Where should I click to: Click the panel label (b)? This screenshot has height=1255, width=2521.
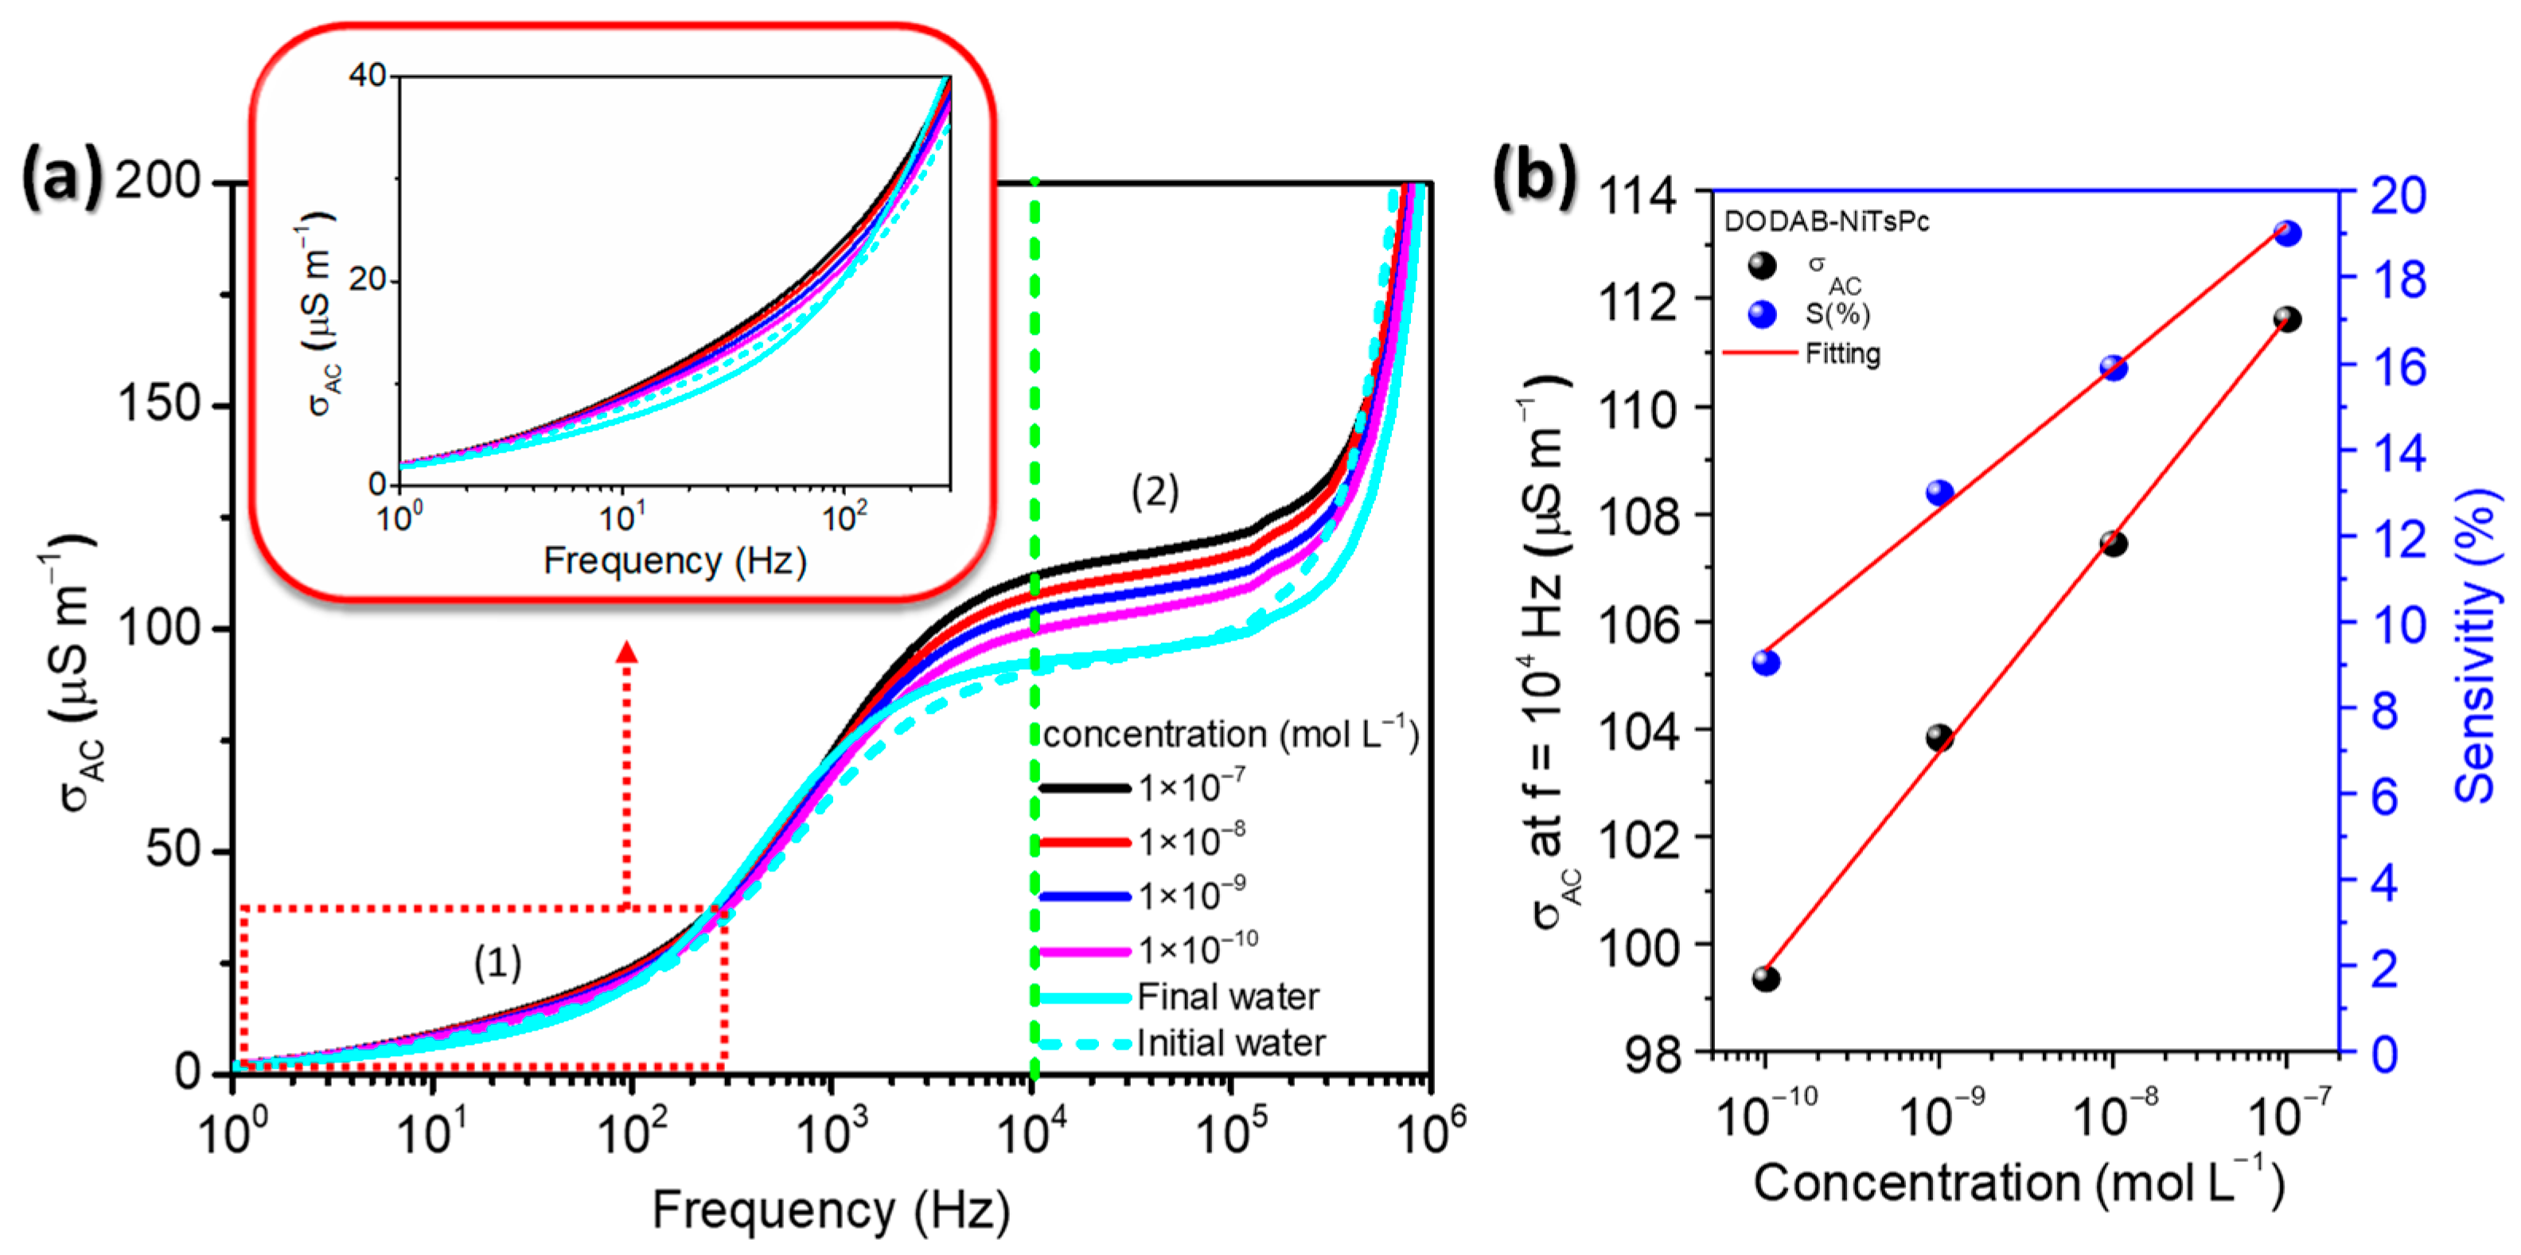(x=1534, y=176)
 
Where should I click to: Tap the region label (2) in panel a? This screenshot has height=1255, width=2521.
(x=1155, y=492)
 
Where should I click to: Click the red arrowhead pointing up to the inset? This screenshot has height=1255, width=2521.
(x=626, y=653)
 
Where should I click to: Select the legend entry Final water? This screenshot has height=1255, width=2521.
(x=1227, y=996)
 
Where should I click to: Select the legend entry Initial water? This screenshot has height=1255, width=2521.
(x=1230, y=1043)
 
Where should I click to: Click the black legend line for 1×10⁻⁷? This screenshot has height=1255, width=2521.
(x=1085, y=788)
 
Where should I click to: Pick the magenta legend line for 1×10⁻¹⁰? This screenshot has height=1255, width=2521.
(x=1085, y=950)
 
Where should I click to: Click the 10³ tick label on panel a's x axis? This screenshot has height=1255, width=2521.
(x=832, y=1133)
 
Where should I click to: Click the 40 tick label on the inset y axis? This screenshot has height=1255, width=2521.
(x=368, y=76)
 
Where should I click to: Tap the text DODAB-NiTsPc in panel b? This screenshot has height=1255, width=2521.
(x=1826, y=222)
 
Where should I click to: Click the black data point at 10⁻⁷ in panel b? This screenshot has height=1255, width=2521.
(x=2287, y=319)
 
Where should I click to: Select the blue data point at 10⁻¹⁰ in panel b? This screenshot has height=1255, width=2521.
(x=1766, y=663)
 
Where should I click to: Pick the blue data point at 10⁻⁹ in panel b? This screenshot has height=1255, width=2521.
(x=1939, y=493)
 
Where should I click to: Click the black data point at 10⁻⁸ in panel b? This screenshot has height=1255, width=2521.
(x=2114, y=544)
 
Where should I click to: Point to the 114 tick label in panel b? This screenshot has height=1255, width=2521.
(x=1637, y=196)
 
